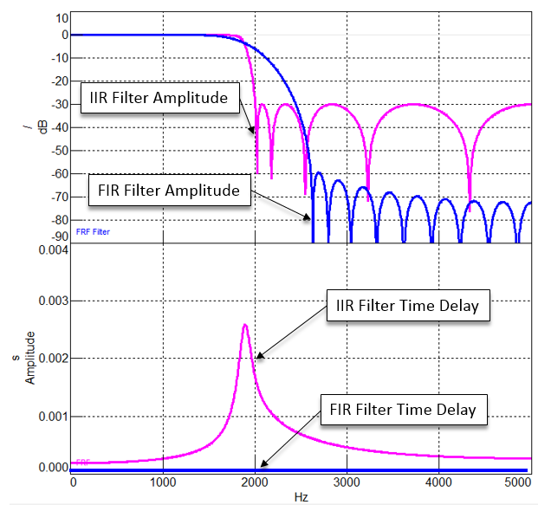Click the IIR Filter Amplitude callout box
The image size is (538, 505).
coord(159,98)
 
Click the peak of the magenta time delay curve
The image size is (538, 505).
coord(245,325)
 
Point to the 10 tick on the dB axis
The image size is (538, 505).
coord(62,17)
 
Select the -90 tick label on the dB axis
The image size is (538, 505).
coord(58,236)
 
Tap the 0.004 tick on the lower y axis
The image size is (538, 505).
coord(50,251)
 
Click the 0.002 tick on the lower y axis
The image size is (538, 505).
coord(50,358)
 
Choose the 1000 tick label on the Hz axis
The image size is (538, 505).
coord(163,482)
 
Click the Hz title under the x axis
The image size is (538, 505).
coord(300,497)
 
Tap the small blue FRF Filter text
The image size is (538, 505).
coord(93,231)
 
